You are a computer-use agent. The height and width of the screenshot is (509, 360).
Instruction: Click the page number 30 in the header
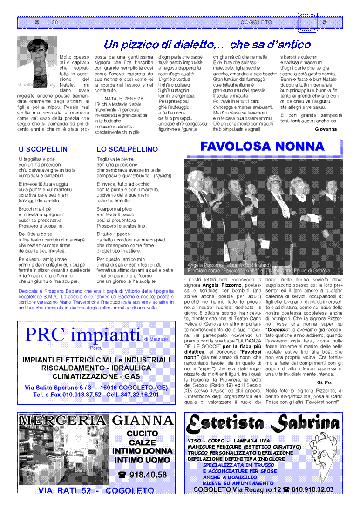55,23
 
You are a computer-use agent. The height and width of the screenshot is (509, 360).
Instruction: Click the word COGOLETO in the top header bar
256,23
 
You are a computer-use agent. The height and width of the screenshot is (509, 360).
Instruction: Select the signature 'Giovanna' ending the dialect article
326,129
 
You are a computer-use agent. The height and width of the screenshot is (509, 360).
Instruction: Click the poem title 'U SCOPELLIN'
43,149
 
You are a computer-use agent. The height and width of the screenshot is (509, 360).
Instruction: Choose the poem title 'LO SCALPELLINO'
127,149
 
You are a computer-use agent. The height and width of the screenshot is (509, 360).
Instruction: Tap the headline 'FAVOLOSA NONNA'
262,147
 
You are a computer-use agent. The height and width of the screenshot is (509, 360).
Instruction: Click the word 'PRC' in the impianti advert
47,335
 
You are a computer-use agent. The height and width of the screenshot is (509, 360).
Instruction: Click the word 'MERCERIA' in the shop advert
63,420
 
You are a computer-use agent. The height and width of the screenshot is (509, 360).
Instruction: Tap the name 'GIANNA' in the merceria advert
143,420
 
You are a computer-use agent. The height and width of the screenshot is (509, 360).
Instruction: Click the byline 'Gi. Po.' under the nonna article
329,382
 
